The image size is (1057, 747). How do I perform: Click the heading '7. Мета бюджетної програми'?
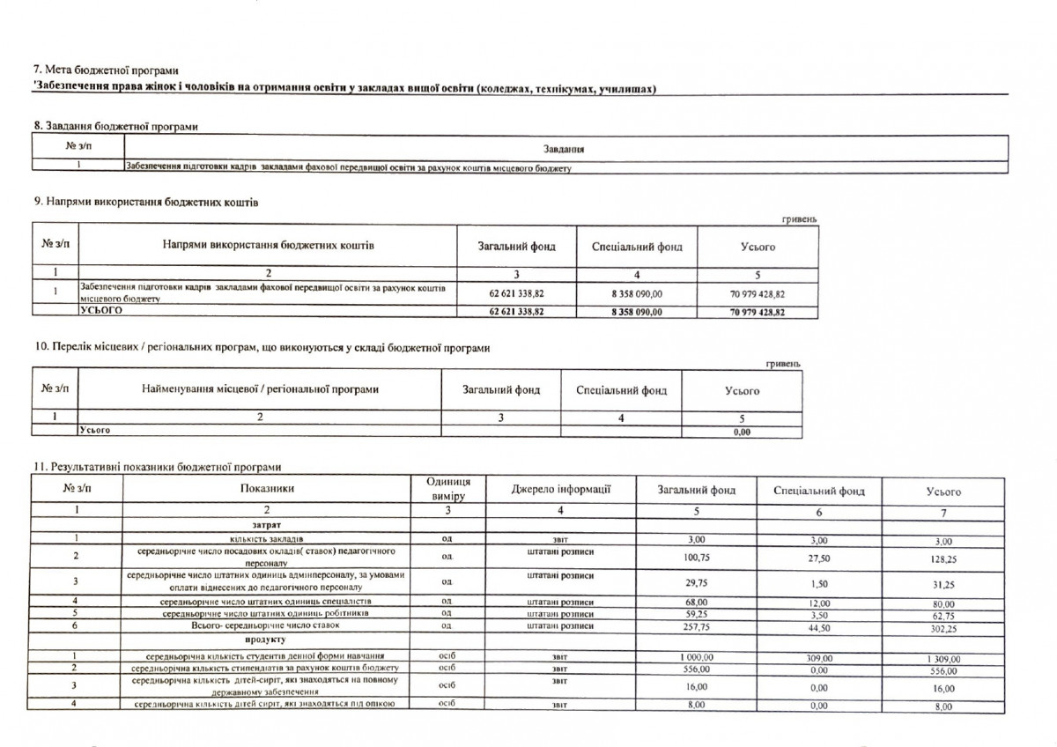pyautogui.click(x=105, y=70)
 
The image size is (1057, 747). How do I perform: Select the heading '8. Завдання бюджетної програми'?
pyautogui.click(x=115, y=126)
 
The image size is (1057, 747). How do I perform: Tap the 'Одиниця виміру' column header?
pyautogui.click(x=447, y=490)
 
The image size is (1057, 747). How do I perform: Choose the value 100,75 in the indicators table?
pyautogui.click(x=697, y=557)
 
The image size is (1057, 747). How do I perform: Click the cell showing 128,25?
pyautogui.click(x=943, y=558)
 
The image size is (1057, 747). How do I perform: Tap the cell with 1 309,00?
pyautogui.click(x=943, y=659)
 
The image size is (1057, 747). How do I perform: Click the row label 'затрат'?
pyautogui.click(x=266, y=524)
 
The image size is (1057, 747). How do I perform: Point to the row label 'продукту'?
pyautogui.click(x=266, y=640)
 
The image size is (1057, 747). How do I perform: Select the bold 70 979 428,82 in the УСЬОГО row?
pyautogui.click(x=758, y=312)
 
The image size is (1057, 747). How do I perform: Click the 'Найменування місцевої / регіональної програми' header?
pyautogui.click(x=260, y=389)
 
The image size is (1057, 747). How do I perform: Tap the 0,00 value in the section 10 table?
pyautogui.click(x=742, y=433)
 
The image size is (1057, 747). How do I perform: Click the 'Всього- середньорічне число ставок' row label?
pyautogui.click(x=266, y=625)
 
